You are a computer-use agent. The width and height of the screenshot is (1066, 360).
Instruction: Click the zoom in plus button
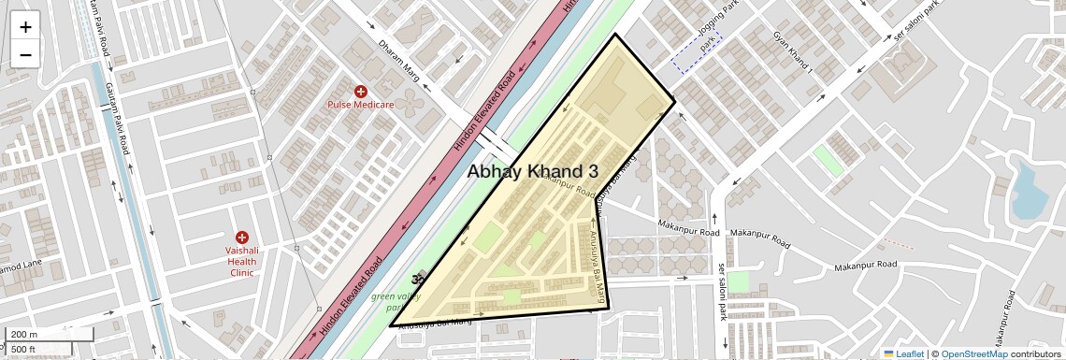click(x=25, y=27)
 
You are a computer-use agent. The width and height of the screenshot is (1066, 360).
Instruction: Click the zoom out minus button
click(x=25, y=54)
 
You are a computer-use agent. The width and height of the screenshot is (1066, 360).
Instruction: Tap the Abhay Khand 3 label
click(x=532, y=171)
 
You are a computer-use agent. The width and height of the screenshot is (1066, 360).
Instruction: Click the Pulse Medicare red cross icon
click(x=360, y=91)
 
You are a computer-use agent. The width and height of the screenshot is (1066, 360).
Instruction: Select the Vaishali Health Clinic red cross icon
click(x=242, y=238)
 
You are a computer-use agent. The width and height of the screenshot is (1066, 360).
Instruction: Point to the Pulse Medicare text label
click(x=360, y=105)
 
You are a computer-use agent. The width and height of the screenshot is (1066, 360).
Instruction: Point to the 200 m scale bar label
click(x=25, y=335)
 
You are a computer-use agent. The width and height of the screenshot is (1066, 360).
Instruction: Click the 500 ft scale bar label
click(x=23, y=350)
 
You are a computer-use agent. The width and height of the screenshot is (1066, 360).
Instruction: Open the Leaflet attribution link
click(x=903, y=353)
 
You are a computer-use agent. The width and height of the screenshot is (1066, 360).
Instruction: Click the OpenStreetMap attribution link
click(x=973, y=353)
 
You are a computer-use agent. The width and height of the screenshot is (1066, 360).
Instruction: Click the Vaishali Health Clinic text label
click(x=247, y=262)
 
